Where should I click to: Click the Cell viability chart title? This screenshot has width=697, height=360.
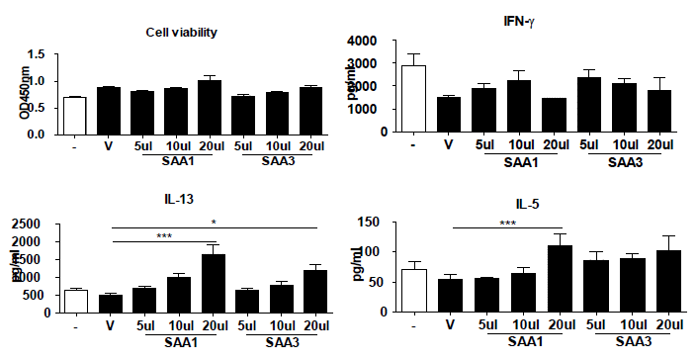[176, 31]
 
